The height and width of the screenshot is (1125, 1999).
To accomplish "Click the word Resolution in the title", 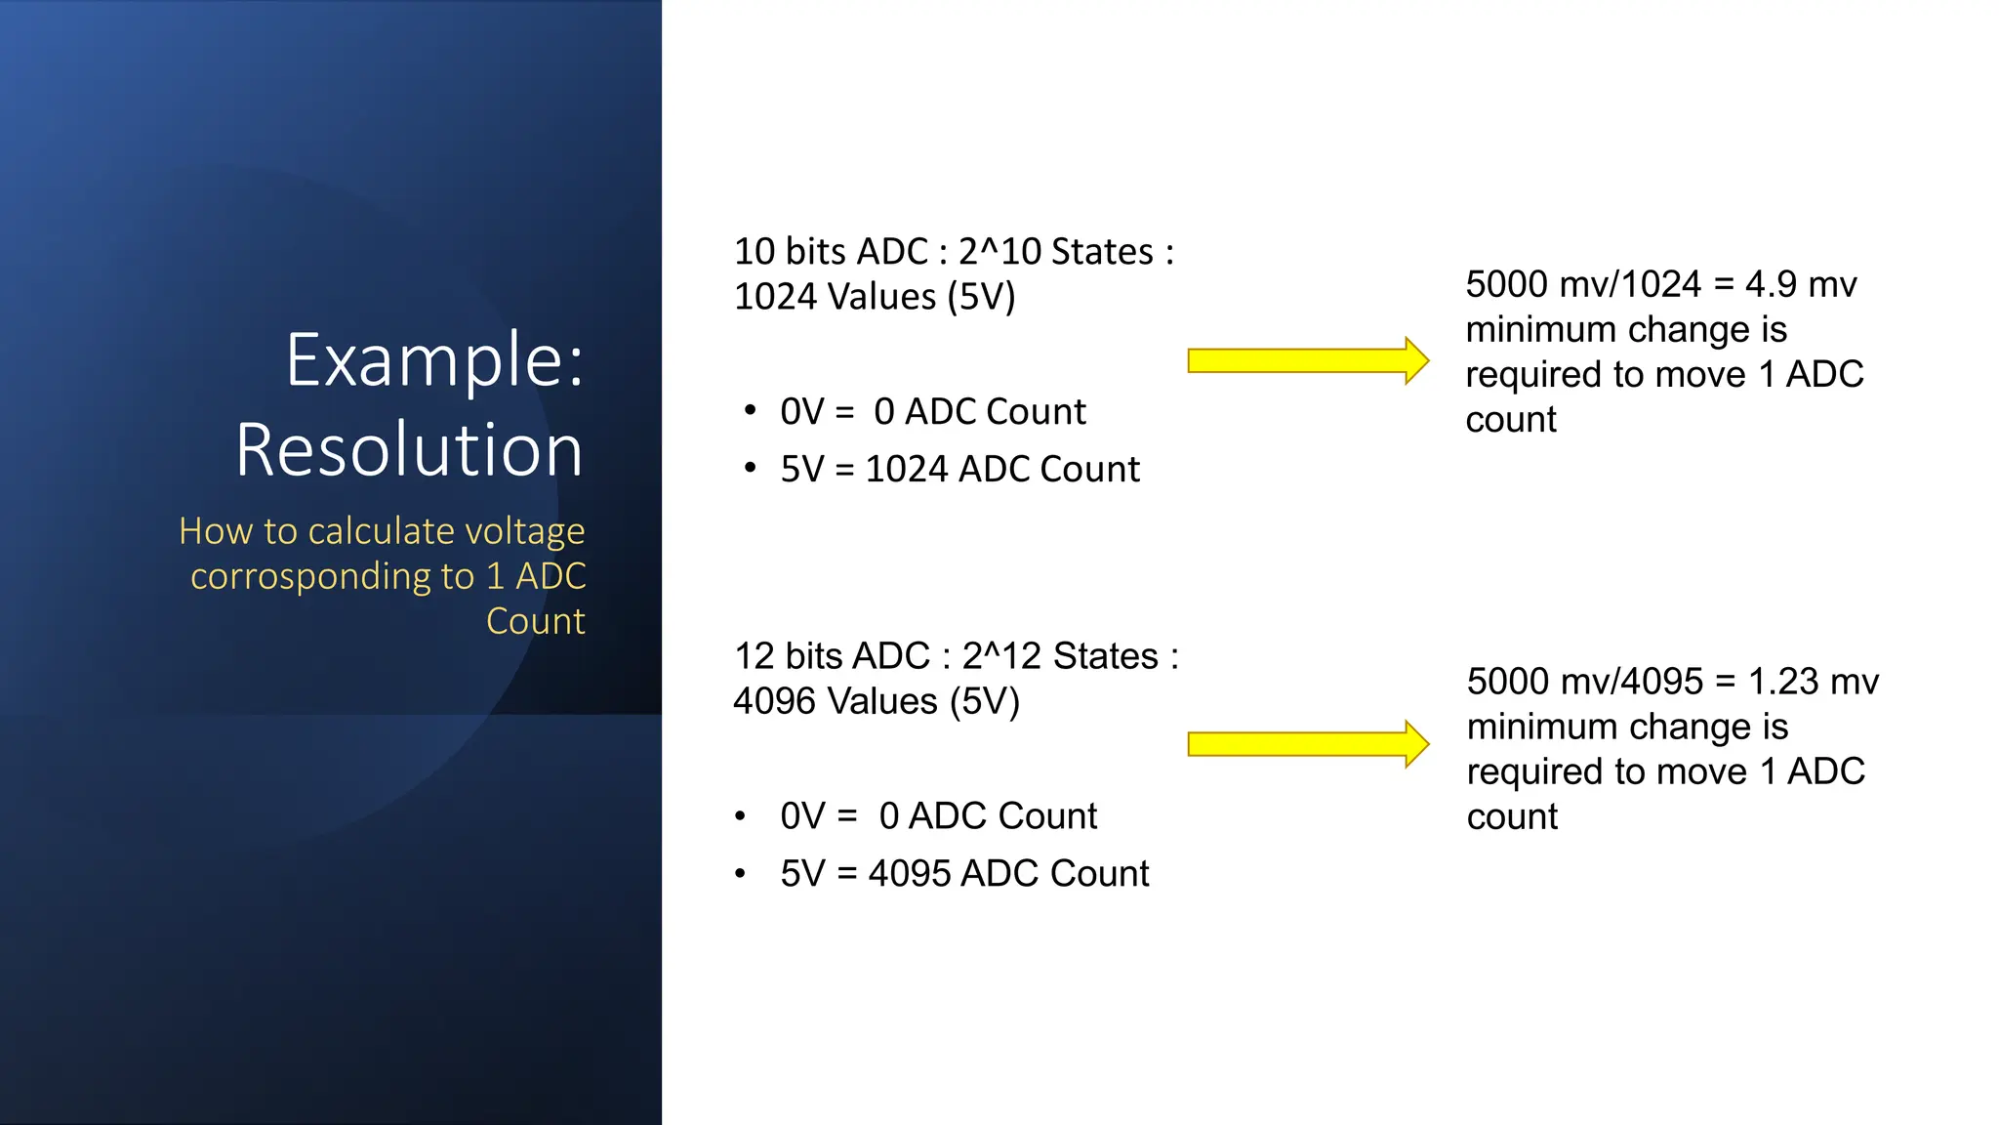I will coord(409,450).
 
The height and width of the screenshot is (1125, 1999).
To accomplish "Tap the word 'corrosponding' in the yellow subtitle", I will coord(332,577).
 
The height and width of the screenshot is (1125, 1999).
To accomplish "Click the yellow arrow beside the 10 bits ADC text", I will coord(1307,361).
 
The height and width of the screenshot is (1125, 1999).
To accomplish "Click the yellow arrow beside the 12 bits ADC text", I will coord(1307,745).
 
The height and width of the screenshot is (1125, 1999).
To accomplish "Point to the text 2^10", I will coord(1006,252).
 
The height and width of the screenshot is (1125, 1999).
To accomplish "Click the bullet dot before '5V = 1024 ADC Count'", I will coord(750,469).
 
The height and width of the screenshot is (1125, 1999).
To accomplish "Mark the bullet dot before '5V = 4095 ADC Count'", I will coord(741,873).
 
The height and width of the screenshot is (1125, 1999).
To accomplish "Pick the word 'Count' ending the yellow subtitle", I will coord(536,622).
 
